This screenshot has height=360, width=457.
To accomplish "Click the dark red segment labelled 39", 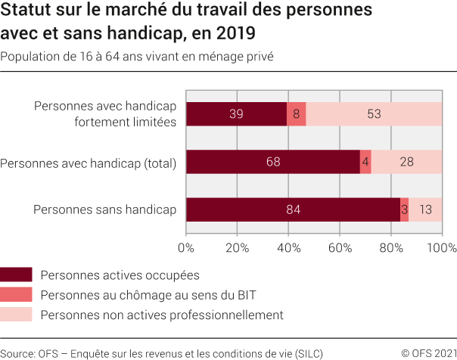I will click(236, 113).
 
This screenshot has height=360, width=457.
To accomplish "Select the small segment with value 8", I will click(297, 113).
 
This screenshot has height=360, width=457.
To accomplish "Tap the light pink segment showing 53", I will click(374, 113).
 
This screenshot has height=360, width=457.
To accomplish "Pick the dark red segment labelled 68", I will click(273, 162).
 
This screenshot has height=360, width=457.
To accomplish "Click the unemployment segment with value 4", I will click(366, 162).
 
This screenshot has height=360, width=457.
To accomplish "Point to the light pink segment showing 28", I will click(406, 162).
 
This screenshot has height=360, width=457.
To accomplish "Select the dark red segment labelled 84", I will click(294, 209).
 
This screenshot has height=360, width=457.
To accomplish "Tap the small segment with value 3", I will click(405, 209).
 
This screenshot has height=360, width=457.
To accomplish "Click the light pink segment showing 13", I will click(425, 209).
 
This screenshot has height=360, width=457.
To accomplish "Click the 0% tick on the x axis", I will click(186, 247).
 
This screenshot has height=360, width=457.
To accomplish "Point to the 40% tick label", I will click(288, 247).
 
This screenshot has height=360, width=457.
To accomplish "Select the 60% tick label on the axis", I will click(340, 247).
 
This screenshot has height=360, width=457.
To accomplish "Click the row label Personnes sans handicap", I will click(104, 209).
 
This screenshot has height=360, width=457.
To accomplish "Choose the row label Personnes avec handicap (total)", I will click(89, 162).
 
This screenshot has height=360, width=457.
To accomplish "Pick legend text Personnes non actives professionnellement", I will click(162, 315).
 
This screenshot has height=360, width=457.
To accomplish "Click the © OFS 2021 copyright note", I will click(428, 352).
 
